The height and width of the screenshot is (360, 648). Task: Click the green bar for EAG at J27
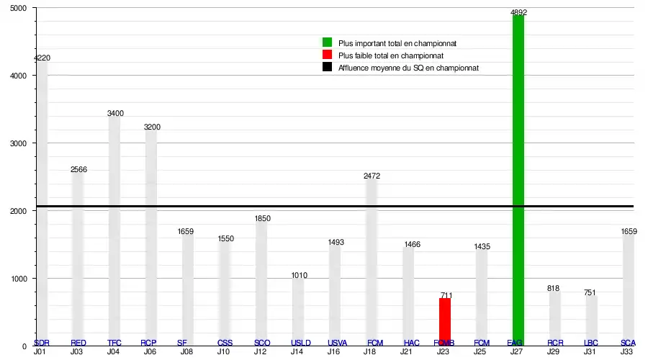pos(518,180)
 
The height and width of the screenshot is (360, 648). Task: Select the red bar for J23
pos(445,322)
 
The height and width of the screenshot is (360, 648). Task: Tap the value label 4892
pos(518,12)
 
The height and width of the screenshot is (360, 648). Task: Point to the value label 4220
pos(42,58)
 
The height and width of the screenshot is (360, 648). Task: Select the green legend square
pos(327,43)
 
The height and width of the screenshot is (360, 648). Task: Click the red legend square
pos(327,55)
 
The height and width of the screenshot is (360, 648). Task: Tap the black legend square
pos(327,68)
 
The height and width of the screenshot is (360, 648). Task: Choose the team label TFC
pos(114,343)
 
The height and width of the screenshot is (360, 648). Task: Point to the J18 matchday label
pos(370,351)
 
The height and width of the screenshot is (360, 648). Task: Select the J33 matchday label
pos(627,351)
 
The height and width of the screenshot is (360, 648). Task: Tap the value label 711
pos(446,295)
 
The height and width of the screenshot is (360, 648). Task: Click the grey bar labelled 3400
pos(114,230)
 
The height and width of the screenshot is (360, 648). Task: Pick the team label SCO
pos(262,343)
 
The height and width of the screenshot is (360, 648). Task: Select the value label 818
pos(554,289)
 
